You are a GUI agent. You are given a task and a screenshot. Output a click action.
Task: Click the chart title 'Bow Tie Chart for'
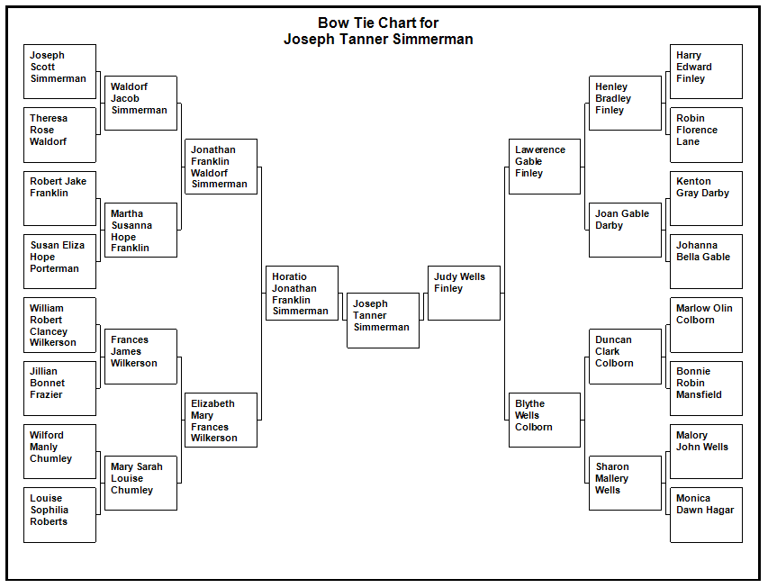378,23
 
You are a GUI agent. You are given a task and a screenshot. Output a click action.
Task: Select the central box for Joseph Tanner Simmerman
383,321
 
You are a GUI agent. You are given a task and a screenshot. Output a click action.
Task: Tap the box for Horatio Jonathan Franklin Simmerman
302,293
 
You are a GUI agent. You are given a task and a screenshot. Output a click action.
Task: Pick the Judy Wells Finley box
464,293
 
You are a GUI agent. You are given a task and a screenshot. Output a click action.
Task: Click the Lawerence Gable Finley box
545,167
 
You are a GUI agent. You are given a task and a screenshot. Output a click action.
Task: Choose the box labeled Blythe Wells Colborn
545,420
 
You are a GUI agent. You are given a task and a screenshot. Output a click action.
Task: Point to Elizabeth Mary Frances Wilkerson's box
221,420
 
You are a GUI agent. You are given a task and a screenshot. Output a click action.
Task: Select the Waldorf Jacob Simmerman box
140,103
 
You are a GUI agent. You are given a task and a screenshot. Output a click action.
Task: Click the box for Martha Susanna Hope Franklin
140,230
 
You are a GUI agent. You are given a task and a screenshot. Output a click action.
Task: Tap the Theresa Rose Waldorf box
59,135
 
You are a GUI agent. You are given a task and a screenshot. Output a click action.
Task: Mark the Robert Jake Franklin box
59,198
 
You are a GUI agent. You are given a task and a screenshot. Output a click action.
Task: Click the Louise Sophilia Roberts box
59,515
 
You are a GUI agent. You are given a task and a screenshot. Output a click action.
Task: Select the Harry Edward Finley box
706,71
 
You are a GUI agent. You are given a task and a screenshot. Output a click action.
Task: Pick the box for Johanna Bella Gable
706,262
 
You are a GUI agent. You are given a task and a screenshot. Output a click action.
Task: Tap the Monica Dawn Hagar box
706,515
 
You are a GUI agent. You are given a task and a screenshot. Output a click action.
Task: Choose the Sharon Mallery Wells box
625,484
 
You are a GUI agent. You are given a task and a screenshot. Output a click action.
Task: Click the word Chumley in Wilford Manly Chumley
51,458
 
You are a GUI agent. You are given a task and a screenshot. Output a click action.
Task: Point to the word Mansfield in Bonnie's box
699,394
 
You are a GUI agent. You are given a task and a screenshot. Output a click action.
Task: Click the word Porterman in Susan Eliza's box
54,268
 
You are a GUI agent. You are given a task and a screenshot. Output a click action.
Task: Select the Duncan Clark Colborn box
625,357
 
